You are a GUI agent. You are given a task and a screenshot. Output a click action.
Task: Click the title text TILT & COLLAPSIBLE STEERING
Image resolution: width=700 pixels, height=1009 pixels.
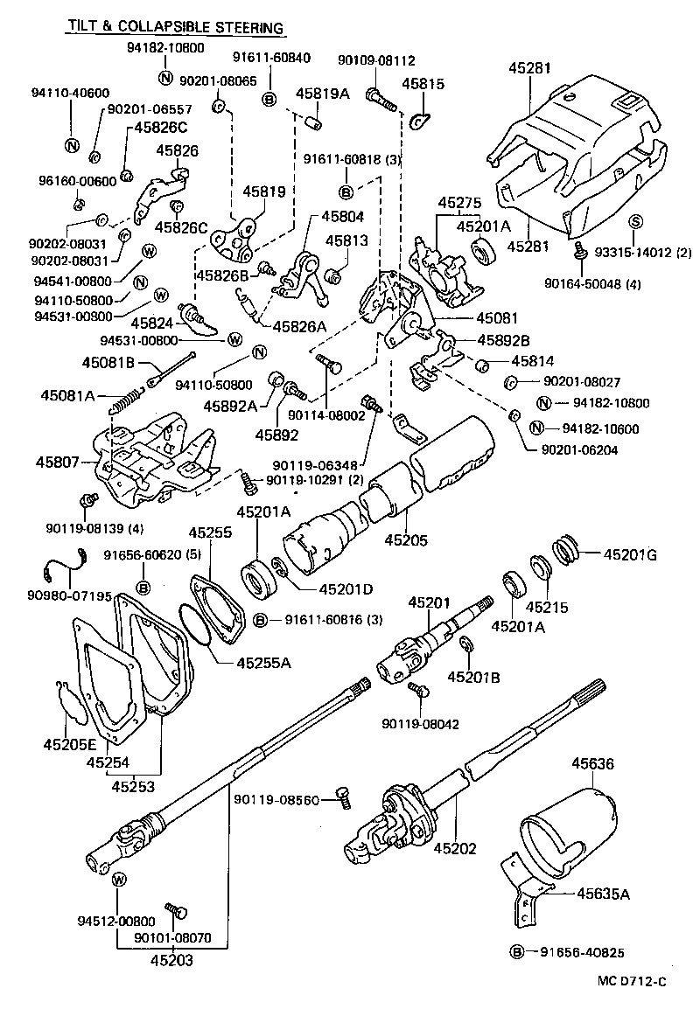[x=175, y=28]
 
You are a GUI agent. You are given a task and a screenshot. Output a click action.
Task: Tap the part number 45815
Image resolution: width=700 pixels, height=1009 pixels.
[x=423, y=84]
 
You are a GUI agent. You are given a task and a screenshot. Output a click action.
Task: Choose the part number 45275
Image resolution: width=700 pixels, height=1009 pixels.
[x=461, y=202]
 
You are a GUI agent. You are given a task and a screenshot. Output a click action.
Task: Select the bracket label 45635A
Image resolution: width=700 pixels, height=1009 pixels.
[x=604, y=893]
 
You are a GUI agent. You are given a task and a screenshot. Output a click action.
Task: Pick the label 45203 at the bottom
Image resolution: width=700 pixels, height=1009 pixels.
[x=171, y=958]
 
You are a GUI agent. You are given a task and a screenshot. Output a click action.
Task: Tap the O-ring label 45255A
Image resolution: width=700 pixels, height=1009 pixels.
[x=263, y=662]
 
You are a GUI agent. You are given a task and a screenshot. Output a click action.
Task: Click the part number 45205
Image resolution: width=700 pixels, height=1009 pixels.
[x=406, y=540]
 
